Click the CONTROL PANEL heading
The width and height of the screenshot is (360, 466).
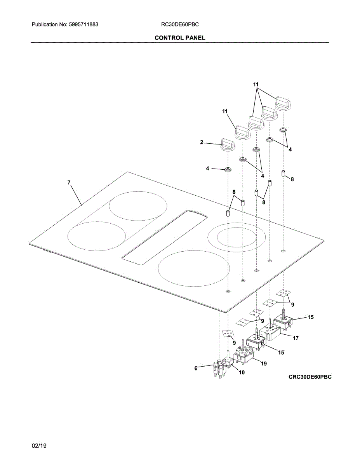click(180, 38)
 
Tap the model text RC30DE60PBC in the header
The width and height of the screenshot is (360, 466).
click(180, 24)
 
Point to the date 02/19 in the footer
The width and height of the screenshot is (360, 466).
click(39, 446)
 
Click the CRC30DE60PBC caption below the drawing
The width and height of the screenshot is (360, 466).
click(310, 377)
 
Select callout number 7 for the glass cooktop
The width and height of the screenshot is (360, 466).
click(69, 182)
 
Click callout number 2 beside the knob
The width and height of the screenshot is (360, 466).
click(202, 143)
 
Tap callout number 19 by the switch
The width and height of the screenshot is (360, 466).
click(264, 363)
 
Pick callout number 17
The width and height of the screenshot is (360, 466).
click(296, 338)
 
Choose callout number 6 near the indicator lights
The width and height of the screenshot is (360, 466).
click(196, 368)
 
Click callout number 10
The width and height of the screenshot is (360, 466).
click(241, 372)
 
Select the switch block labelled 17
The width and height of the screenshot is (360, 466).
click(272, 334)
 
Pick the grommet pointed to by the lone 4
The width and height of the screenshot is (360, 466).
click(228, 169)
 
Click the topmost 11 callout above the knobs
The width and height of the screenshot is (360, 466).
click(256, 84)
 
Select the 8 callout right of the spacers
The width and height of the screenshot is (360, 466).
click(292, 179)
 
